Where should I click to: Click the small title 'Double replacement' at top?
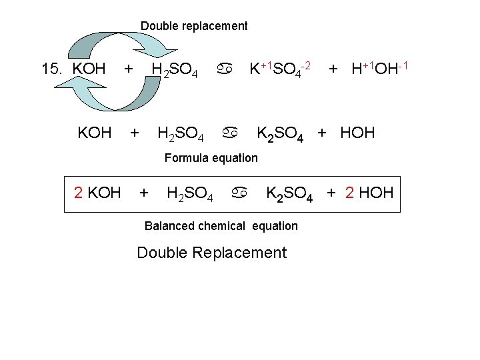193,27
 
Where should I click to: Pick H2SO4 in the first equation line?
174,69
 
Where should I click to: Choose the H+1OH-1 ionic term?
379,68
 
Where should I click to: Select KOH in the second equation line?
95,133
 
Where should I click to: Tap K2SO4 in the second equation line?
281,133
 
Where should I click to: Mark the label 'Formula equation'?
211,158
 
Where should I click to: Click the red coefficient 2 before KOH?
78,193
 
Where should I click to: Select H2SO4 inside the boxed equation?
190,194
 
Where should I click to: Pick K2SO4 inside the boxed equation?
289,194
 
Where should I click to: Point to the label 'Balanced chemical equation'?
221,226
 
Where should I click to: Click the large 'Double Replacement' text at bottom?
211,253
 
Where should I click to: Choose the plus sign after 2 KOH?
143,193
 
